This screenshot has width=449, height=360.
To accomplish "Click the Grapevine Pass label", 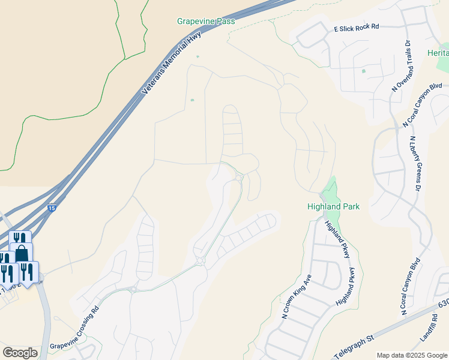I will [x=205, y=21].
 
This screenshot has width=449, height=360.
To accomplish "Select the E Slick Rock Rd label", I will [x=357, y=28].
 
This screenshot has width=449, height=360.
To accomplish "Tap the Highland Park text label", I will [x=333, y=206].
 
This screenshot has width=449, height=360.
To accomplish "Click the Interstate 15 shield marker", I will [x=52, y=208].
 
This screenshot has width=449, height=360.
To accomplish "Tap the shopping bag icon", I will [x=22, y=253].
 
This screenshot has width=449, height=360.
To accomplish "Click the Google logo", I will [x=20, y=353].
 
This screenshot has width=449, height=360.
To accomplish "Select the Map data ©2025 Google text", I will [x=412, y=355].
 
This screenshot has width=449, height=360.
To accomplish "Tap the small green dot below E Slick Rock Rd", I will [x=363, y=71].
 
